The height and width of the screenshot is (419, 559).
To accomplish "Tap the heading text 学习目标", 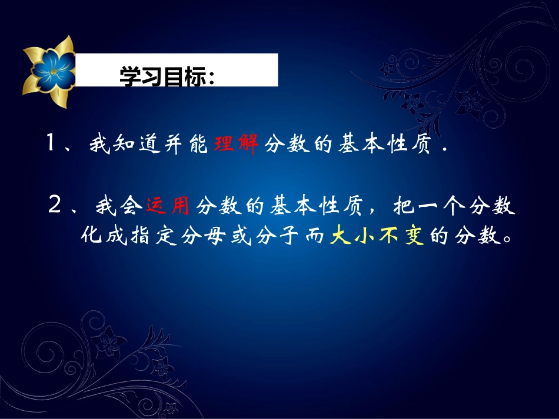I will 167,75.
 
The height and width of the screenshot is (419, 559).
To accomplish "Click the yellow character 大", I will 340,237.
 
